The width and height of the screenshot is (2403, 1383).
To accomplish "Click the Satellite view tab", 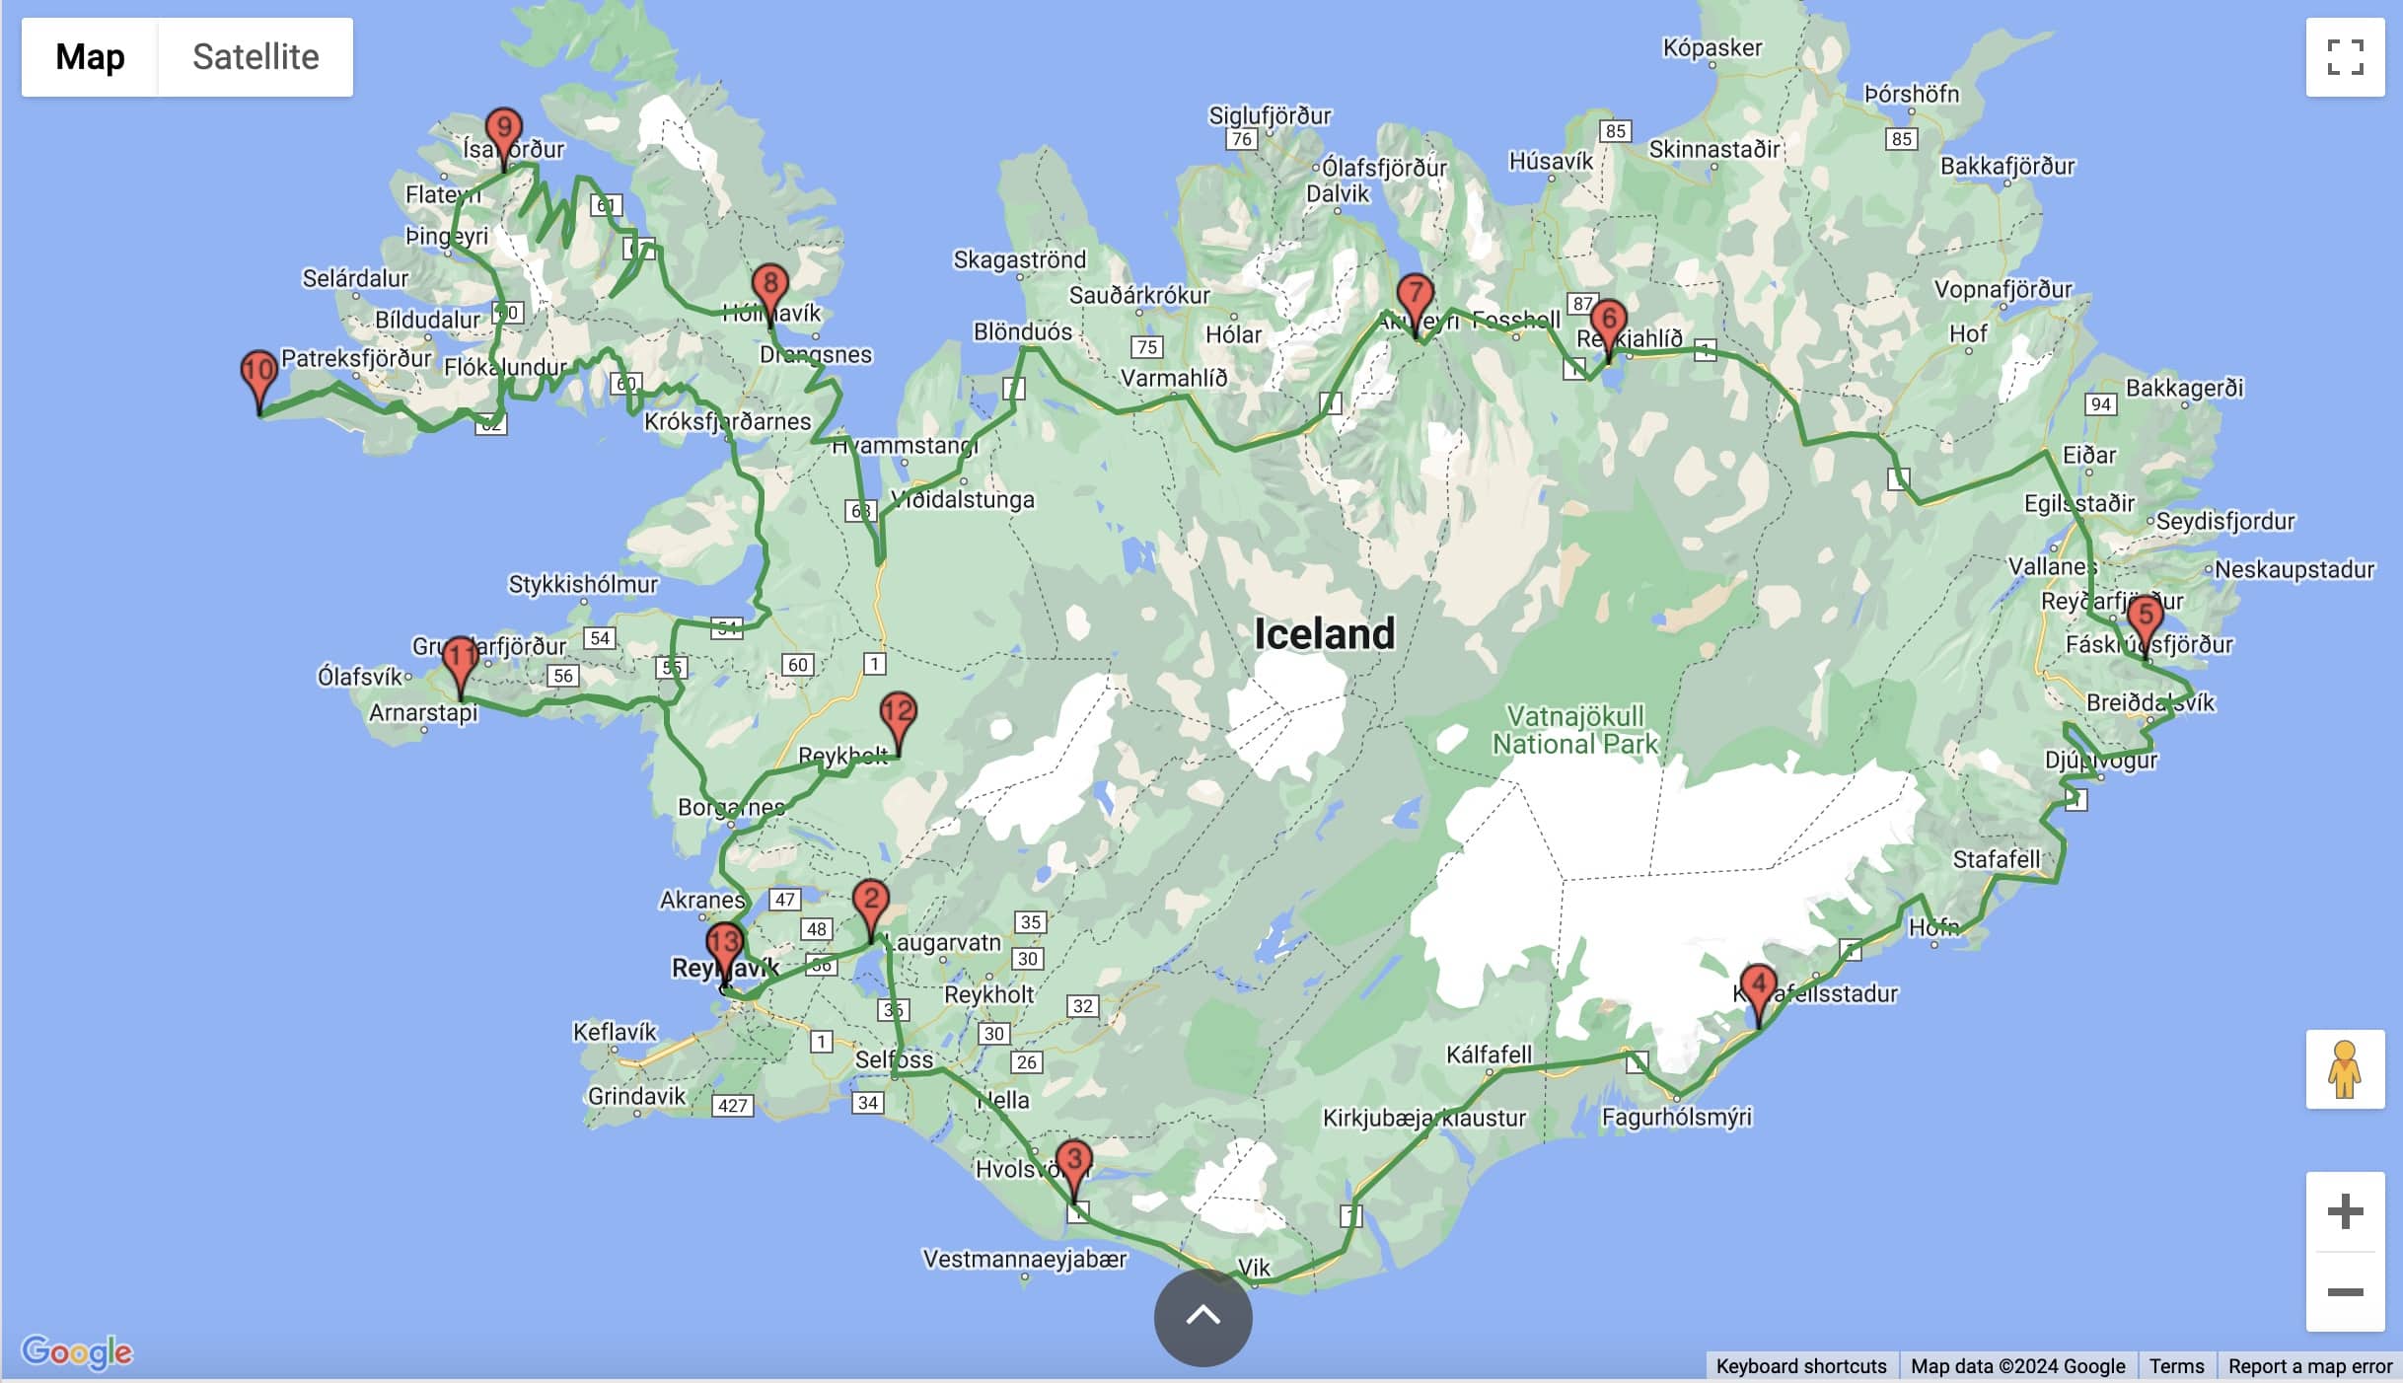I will coord(255,57).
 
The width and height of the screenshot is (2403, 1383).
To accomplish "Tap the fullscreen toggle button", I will coord(2345,57).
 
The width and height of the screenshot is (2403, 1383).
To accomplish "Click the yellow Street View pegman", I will coord(2345,1069).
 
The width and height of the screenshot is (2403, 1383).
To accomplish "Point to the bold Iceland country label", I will coord(1324,633).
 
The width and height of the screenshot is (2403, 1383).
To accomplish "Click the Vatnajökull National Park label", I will coord(1575,730).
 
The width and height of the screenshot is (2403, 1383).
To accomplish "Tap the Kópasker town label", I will coord(1711,47).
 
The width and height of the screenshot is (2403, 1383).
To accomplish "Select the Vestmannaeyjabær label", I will coord(1024,1260).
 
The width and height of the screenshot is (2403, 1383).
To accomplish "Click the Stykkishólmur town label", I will coord(582,584).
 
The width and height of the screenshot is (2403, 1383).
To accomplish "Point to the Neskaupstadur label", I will coord(2294,569).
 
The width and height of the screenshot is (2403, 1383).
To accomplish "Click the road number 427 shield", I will coord(732,1105).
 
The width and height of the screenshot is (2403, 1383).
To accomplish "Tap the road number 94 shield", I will coord(2100,403).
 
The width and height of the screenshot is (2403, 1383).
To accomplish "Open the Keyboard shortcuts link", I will coord(1800,1366).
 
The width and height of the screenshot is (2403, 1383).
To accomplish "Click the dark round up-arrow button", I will coord(1202,1317).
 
